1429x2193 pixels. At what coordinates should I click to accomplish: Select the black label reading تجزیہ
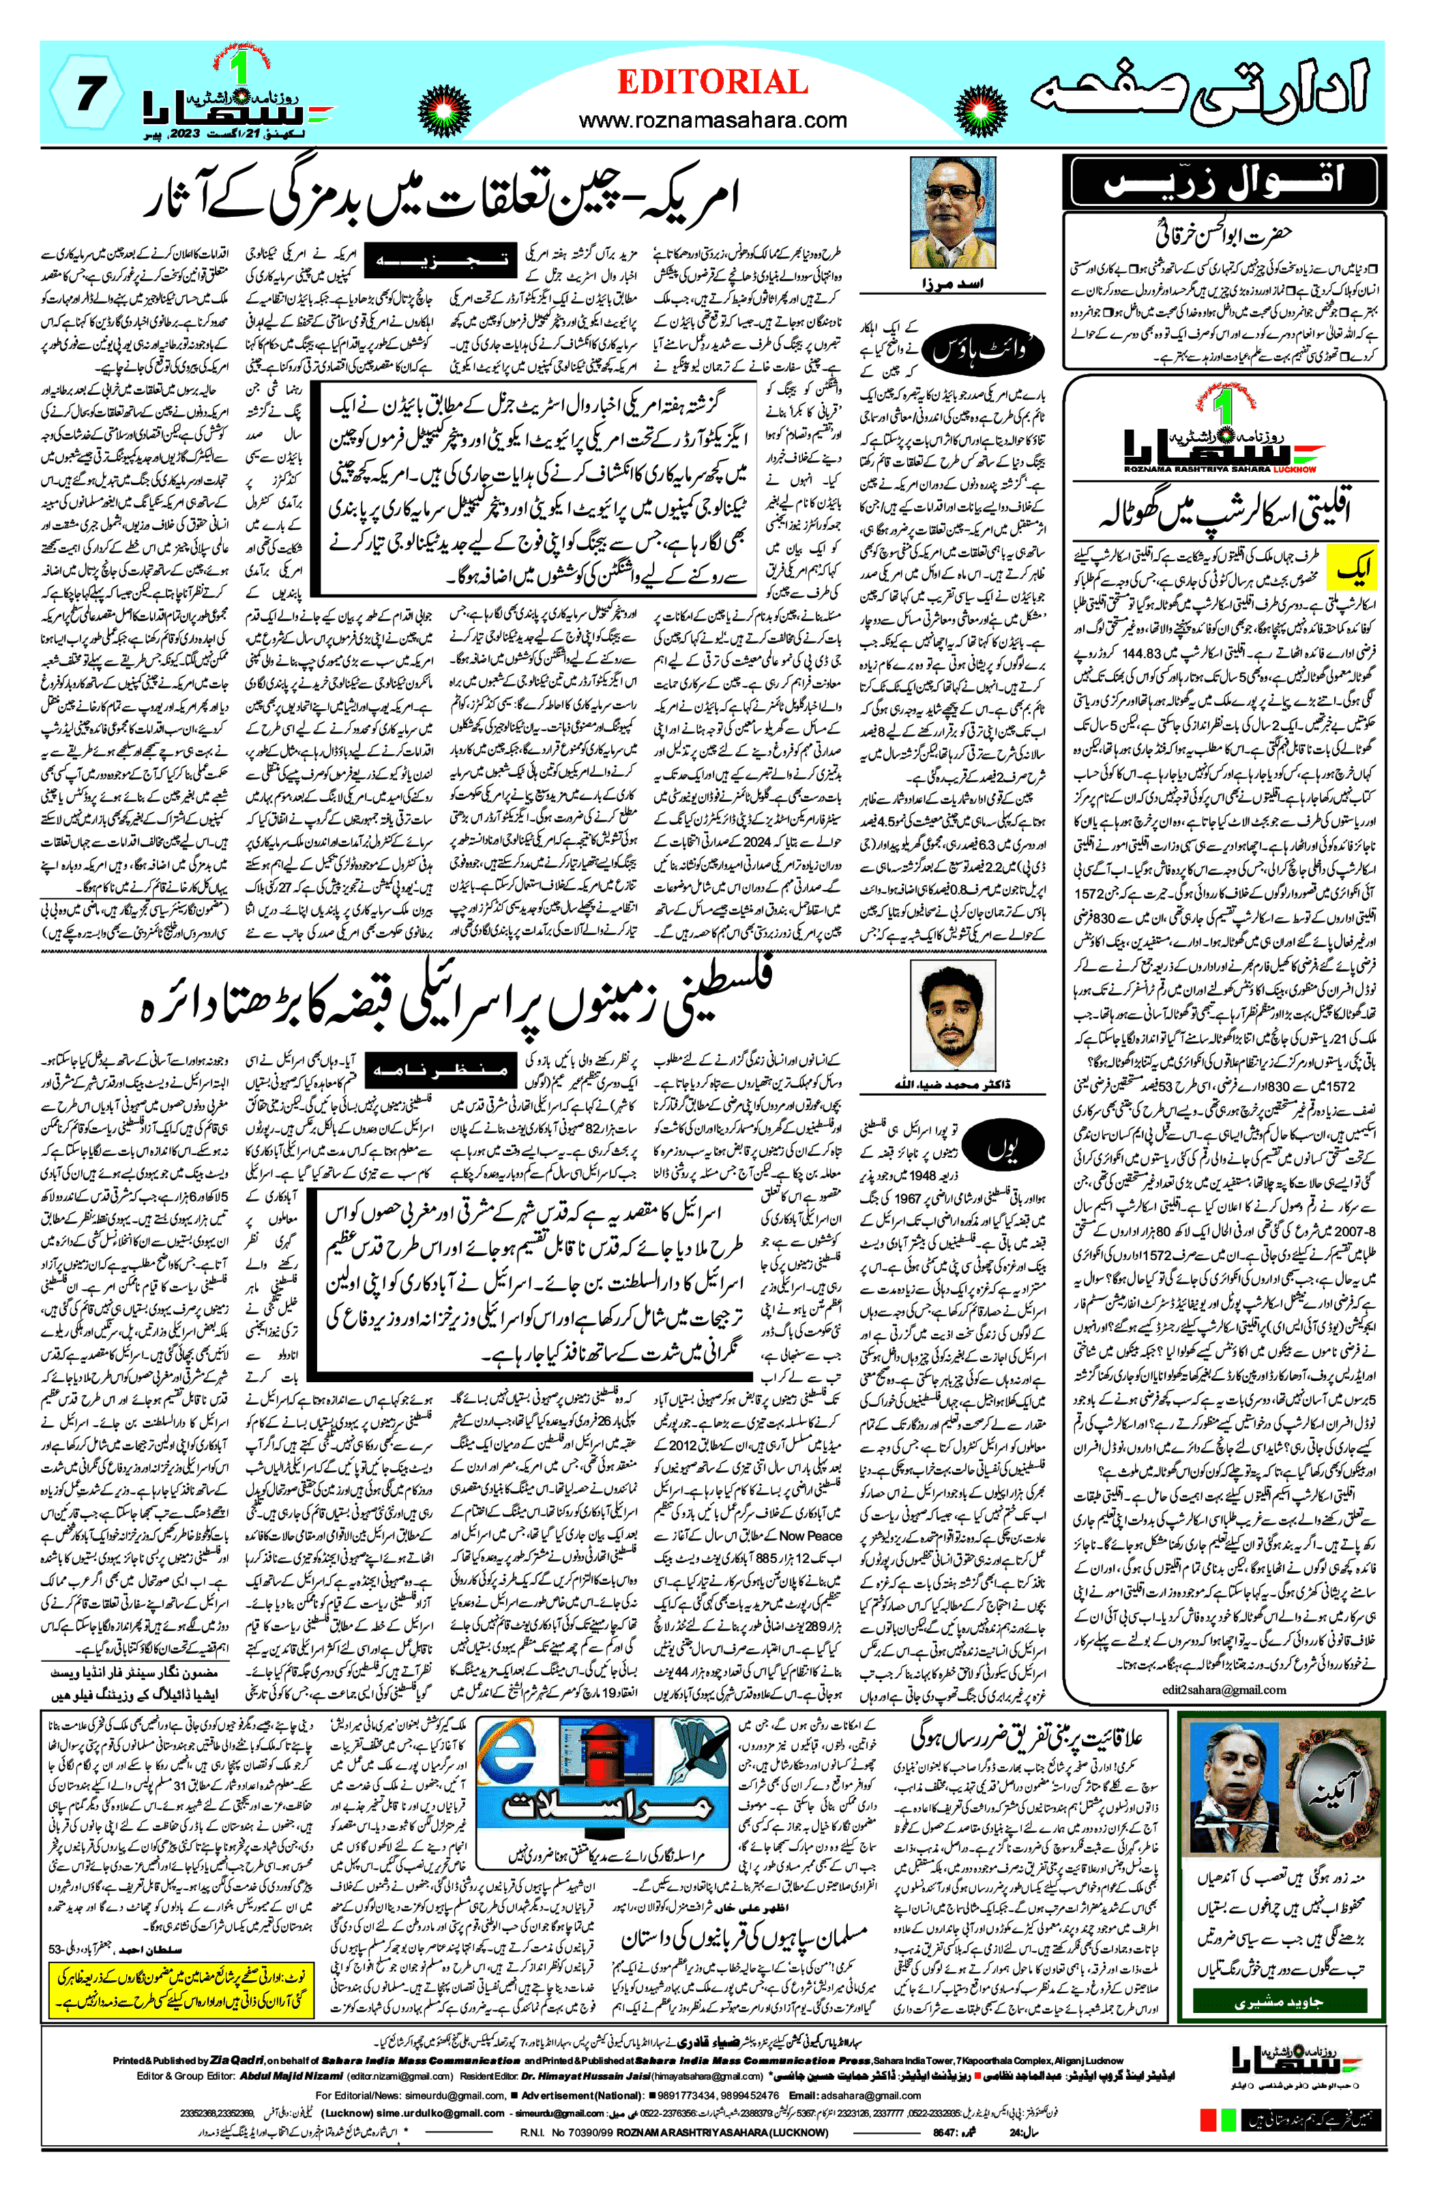click(437, 260)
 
